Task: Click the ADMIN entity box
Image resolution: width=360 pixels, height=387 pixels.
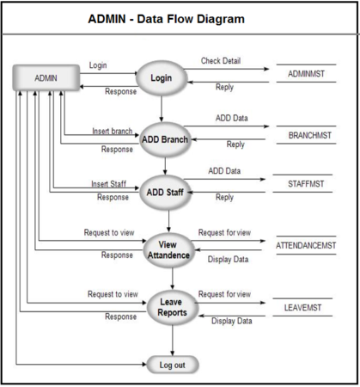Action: click(45, 77)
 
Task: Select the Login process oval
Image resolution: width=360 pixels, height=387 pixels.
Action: click(162, 78)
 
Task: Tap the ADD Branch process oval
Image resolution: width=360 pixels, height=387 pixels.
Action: click(164, 139)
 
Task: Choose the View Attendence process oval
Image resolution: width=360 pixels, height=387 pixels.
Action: click(173, 250)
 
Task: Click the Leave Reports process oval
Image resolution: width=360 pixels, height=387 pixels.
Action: click(173, 308)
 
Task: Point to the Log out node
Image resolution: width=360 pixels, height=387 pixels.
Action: click(173, 365)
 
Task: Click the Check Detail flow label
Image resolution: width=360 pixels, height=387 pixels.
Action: click(221, 61)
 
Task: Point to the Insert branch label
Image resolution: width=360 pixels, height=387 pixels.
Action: click(113, 132)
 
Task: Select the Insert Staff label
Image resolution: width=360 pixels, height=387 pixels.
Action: click(108, 184)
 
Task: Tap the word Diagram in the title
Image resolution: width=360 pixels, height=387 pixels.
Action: click(219, 19)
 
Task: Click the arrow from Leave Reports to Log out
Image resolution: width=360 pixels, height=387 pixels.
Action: click(173, 341)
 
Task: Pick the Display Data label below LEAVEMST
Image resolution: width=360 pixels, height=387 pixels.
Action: click(232, 321)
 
